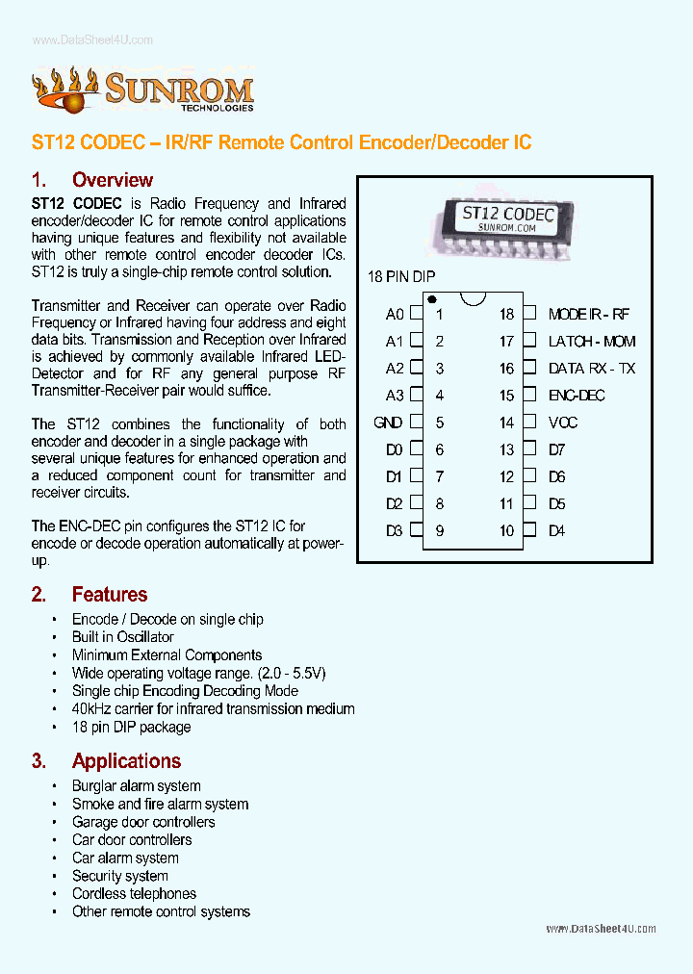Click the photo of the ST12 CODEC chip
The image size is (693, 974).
503,229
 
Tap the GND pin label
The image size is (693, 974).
388,423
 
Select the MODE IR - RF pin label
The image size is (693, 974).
589,314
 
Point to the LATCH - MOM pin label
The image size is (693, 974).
592,341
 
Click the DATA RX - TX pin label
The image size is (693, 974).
592,368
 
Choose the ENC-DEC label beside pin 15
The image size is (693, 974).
577,396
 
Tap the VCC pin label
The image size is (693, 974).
563,423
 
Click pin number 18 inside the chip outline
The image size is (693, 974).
506,314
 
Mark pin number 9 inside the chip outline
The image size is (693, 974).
440,530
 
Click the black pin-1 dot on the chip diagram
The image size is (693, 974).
432,299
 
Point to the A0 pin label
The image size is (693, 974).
394,314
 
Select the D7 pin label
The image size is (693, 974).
556,449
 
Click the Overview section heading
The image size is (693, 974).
112,180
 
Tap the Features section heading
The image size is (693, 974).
110,595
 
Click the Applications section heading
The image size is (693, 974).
126,761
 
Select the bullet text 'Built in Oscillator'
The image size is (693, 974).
123,637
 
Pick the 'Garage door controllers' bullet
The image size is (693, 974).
143,822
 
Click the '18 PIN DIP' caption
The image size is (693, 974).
401,277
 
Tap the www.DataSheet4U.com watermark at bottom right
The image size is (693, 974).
601,929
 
